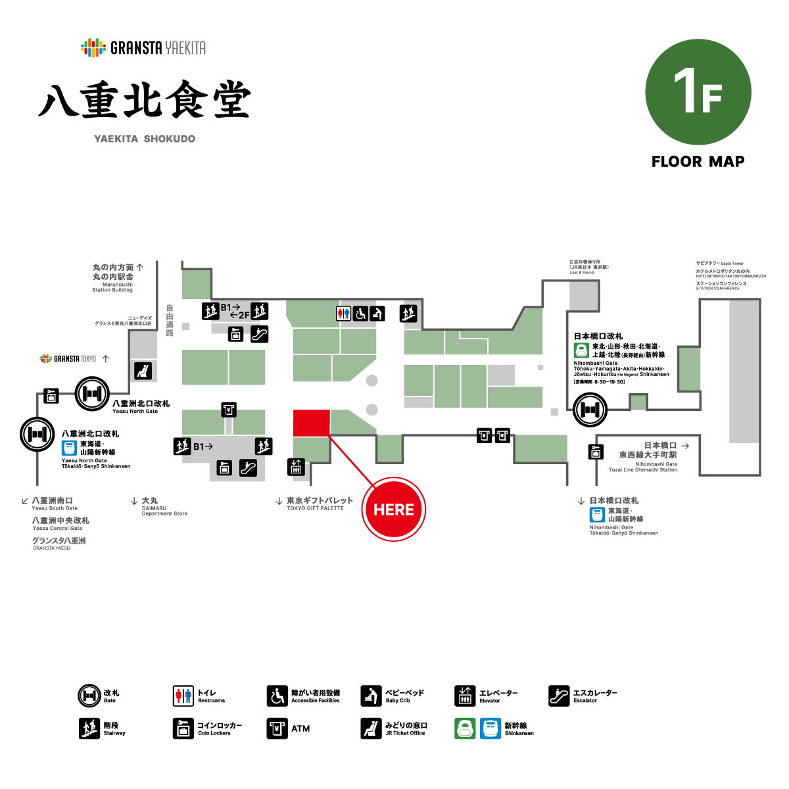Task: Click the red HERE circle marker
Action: (394, 510)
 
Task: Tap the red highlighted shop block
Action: (311, 422)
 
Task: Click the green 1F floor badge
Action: (698, 91)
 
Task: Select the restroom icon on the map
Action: (344, 314)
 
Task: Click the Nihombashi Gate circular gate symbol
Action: (590, 410)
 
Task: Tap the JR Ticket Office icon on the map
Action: (143, 371)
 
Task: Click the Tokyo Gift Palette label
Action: (319, 503)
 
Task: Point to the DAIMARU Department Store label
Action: (163, 507)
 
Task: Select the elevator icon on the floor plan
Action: (296, 467)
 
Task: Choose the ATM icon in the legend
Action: (277, 729)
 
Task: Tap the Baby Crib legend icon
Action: (371, 696)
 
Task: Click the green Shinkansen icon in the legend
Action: (465, 729)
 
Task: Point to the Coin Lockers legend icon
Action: (183, 729)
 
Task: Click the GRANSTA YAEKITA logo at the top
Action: (143, 47)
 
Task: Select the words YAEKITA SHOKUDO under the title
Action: (145, 139)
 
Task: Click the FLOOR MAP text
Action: (698, 162)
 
